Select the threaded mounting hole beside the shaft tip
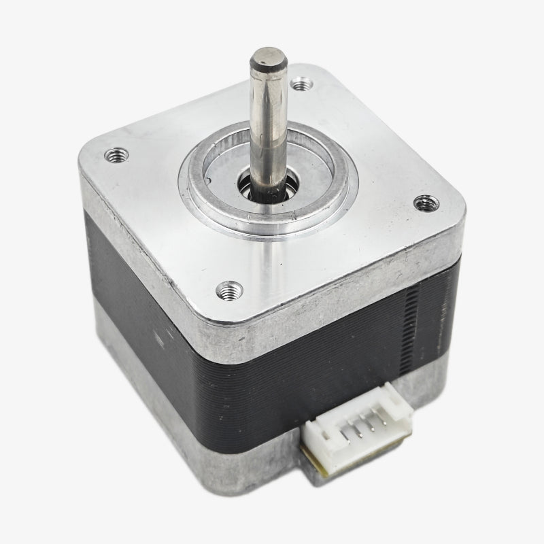(301, 85)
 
